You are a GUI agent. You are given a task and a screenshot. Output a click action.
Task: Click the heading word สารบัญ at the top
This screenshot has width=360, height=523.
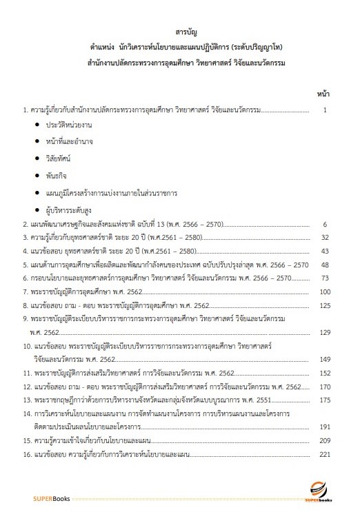[180, 32]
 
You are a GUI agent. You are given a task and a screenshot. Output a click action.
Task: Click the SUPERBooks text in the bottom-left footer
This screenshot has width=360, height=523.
[48, 498]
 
